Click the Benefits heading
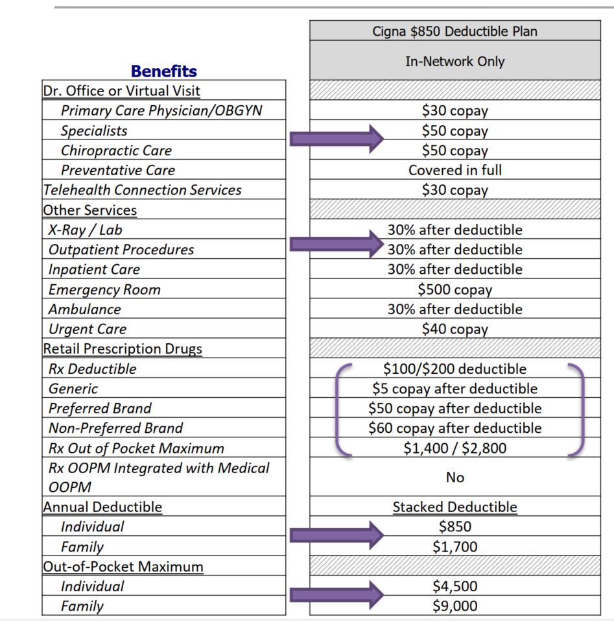(164, 71)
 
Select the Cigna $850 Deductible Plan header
(455, 30)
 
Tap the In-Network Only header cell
(455, 62)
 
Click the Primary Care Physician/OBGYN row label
(161, 110)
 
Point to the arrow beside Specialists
(337, 138)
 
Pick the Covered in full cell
(455, 170)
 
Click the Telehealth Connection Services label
(142, 190)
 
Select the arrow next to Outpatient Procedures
(337, 245)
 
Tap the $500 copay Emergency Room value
(455, 289)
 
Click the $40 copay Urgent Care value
(455, 329)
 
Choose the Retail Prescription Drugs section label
(123, 349)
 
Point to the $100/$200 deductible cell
(455, 369)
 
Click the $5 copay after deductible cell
(455, 389)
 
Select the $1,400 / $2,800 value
(455, 448)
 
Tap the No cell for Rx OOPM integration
(455, 478)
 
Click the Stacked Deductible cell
(455, 507)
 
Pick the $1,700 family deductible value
(455, 546)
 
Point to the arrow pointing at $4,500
(337, 594)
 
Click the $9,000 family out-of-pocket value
(455, 606)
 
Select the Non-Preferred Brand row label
(115, 428)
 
